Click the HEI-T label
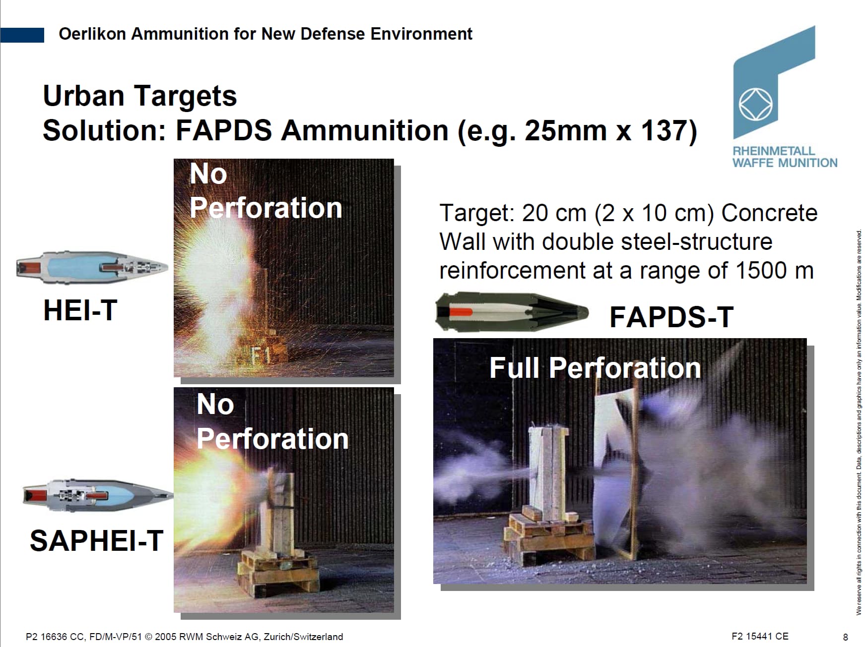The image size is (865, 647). (x=80, y=310)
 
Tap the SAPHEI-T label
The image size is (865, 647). (x=96, y=540)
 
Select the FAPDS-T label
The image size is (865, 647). (x=671, y=317)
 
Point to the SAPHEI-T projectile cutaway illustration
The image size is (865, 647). (x=98, y=494)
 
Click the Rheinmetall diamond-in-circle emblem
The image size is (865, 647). (x=756, y=105)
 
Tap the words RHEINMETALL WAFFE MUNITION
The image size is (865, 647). (x=785, y=157)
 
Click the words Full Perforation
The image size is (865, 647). (x=595, y=368)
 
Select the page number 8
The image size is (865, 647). (x=846, y=637)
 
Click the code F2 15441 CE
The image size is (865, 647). (x=760, y=636)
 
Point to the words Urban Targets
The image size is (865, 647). (x=140, y=96)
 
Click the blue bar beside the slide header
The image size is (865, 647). (x=22, y=35)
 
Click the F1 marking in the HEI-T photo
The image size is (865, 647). (x=260, y=355)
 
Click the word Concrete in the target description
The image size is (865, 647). (x=769, y=213)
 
